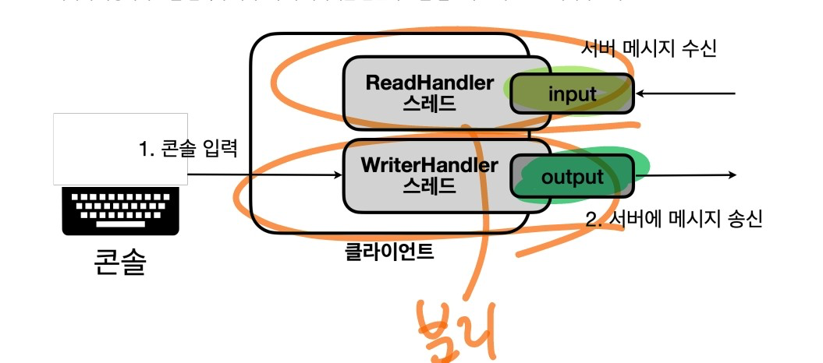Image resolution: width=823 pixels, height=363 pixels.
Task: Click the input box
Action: (x=572, y=94)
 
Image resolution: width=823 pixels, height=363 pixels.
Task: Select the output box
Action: (x=572, y=177)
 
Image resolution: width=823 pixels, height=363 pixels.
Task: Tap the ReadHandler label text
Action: (x=430, y=83)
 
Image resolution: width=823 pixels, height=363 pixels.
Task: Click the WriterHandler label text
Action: (x=430, y=165)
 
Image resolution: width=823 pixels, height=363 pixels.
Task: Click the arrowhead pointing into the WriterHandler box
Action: (x=339, y=176)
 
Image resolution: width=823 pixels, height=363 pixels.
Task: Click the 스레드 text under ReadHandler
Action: (x=430, y=104)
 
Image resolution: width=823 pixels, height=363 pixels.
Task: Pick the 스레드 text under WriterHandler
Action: (x=430, y=186)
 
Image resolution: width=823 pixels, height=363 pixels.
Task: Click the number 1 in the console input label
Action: (x=143, y=146)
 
